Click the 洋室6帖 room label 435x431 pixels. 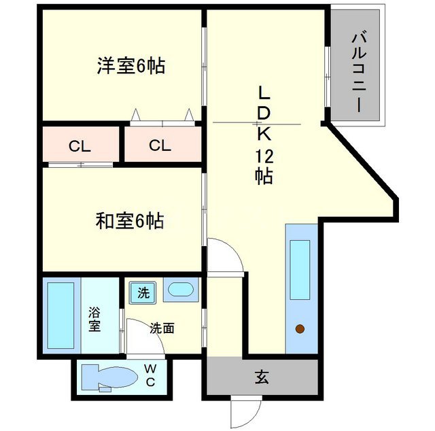(x=131, y=67)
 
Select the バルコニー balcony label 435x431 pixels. (x=356, y=66)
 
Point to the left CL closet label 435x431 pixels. (x=80, y=145)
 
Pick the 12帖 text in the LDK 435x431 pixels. (x=264, y=167)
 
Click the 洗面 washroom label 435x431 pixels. (x=162, y=328)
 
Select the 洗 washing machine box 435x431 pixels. (x=143, y=294)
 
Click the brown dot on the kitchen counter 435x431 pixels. (x=299, y=330)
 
